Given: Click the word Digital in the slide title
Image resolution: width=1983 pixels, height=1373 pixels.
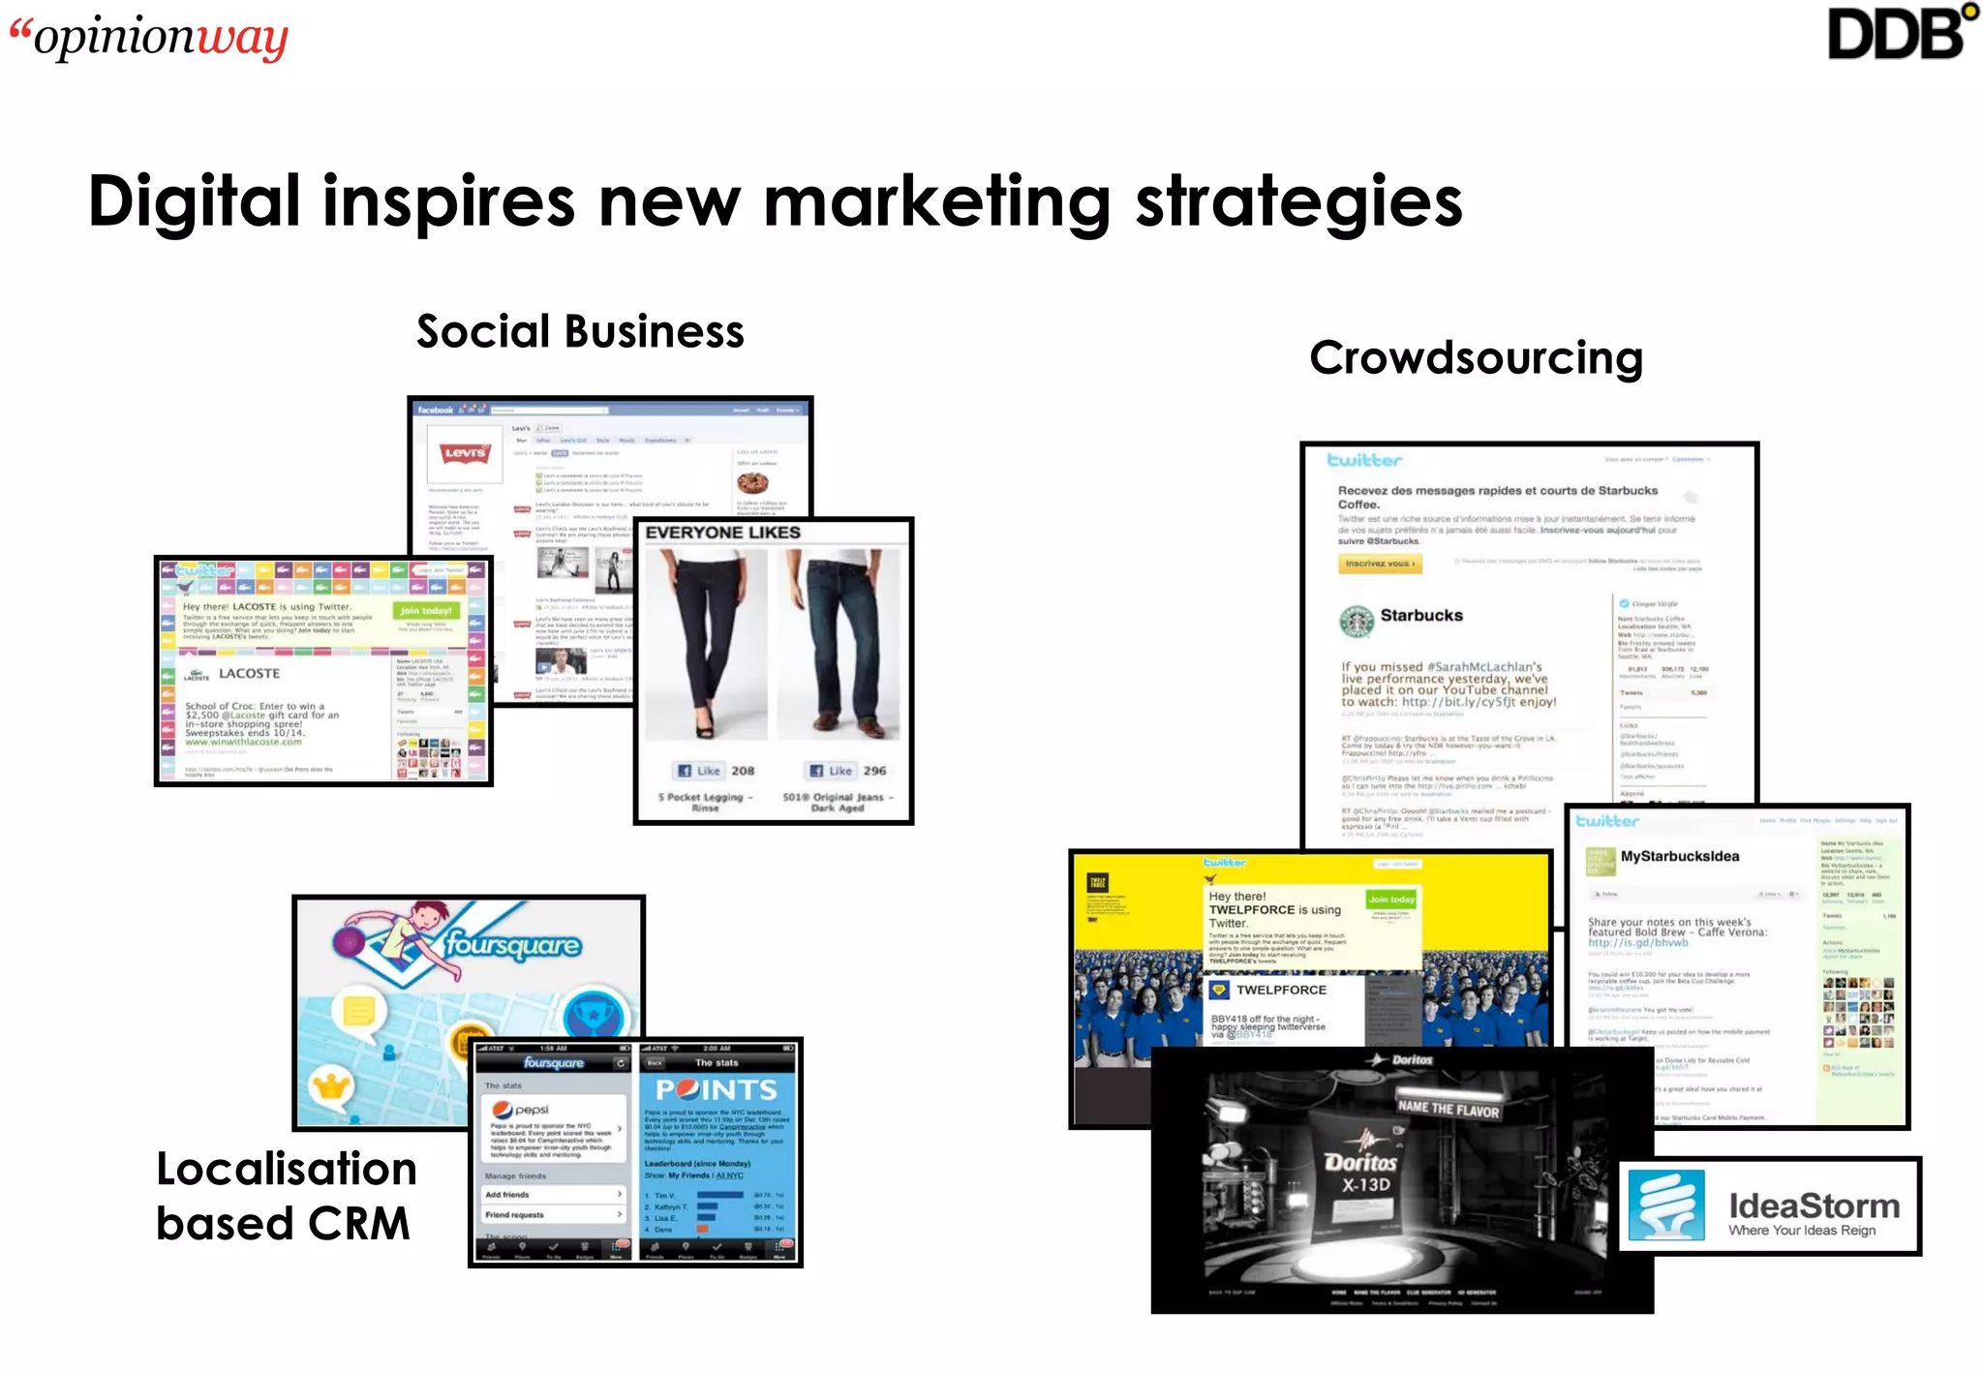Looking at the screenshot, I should [x=195, y=201].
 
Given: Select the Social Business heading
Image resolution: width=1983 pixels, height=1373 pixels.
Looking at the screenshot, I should [x=580, y=331].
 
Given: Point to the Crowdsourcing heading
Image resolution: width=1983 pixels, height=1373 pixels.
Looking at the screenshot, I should [x=1476, y=357].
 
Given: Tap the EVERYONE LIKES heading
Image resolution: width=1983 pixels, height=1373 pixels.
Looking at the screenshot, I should [x=722, y=533].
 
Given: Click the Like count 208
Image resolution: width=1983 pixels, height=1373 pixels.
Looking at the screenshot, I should [x=743, y=771].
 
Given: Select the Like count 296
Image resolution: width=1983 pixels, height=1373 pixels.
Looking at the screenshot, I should [x=874, y=771].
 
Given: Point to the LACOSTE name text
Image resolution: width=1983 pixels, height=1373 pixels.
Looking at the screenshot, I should [x=249, y=673].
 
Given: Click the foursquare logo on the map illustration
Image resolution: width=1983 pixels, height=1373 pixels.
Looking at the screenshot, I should [x=513, y=945].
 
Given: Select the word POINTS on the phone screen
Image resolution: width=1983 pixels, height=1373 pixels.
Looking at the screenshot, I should [x=717, y=1090].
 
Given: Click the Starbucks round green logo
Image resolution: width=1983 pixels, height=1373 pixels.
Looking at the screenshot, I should [x=1357, y=620].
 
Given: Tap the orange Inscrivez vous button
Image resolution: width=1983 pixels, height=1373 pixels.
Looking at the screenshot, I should [x=1380, y=564].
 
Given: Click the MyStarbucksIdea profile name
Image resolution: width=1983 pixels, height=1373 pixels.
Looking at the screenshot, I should [x=1679, y=856].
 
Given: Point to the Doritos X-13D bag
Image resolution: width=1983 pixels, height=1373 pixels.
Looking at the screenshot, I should [x=1359, y=1176].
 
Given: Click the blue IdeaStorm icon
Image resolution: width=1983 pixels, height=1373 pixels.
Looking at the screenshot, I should [x=1666, y=1205].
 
